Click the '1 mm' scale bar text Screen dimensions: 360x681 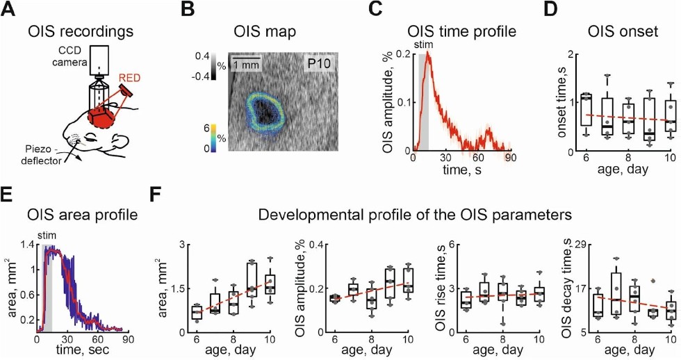(x=246, y=65)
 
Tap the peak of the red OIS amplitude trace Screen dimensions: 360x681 (x=429, y=54)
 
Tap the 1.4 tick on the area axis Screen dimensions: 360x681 (x=26, y=245)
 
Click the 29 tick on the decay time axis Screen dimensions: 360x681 (x=575, y=245)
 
